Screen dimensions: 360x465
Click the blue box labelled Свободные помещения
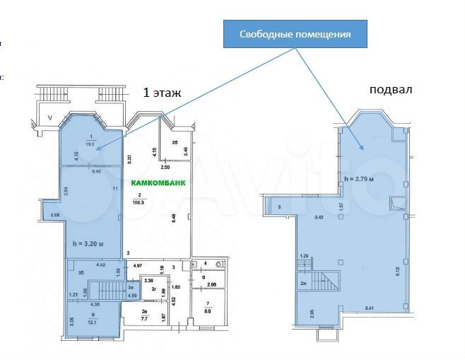295,34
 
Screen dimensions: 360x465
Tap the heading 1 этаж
162,92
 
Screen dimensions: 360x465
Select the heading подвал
390,90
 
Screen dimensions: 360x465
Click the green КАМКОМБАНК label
159,182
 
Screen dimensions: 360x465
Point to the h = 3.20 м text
89,244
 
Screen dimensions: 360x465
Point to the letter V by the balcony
49,118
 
